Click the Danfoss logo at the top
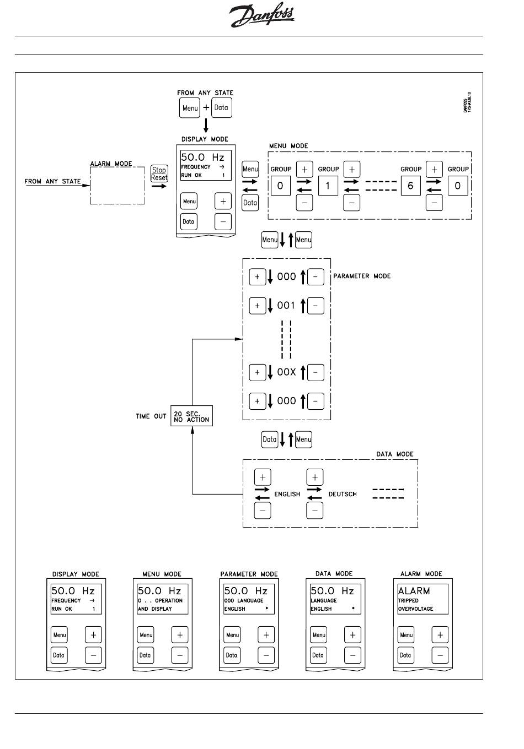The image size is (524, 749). coord(261,17)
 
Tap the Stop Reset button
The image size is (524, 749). coord(159,174)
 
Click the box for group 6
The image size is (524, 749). coord(410,186)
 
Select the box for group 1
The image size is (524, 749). coord(328,186)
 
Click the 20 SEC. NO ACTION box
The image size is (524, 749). coord(191,416)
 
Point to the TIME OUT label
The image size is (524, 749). coord(151,416)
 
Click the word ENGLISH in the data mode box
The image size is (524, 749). coord(287,494)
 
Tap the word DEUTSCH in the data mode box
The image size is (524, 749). coord(343,494)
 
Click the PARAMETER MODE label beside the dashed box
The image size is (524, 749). coord(362,276)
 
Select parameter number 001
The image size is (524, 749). coord(286,305)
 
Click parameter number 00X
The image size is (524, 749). coord(286,372)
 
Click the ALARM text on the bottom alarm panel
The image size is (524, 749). coord(414,591)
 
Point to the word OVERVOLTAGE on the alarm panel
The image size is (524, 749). coord(415,609)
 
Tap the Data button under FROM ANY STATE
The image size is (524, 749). coord(222,107)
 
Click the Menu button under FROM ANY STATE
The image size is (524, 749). coord(190,108)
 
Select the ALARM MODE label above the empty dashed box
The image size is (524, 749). coord(111,164)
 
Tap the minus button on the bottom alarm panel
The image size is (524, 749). coord(440,655)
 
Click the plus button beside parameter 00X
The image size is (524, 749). coord(258,372)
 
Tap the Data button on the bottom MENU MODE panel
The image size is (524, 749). coord(146,655)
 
